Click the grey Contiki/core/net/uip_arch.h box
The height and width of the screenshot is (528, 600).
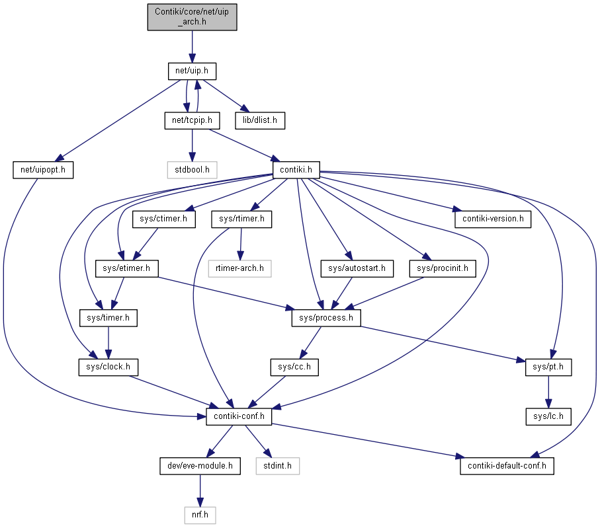(x=192, y=17)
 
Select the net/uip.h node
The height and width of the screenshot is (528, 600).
(x=192, y=71)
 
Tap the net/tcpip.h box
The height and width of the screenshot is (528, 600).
(x=192, y=120)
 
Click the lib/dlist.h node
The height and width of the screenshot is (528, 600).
(x=260, y=120)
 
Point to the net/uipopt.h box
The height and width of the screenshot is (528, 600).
(x=43, y=170)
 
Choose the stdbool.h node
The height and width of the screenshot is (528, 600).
(x=192, y=170)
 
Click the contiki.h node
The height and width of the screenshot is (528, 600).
(x=296, y=170)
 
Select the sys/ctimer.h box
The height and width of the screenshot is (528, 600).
(x=164, y=219)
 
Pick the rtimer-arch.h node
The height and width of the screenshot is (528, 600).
(x=240, y=268)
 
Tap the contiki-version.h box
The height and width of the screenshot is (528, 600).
(x=493, y=219)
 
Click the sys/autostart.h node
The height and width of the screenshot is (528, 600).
(x=357, y=268)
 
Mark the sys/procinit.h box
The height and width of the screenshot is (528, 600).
(x=443, y=268)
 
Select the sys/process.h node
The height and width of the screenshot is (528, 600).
(x=326, y=318)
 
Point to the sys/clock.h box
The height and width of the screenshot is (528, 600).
(x=108, y=367)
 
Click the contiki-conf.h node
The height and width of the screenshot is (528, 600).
(x=239, y=416)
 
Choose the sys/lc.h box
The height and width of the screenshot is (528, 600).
(x=548, y=416)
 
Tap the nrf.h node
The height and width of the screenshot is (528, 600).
(x=200, y=515)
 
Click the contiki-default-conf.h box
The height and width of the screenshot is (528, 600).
(x=507, y=466)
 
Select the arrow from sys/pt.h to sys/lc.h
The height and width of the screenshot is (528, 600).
(x=548, y=392)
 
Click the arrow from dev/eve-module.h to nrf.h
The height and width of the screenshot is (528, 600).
(x=200, y=490)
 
